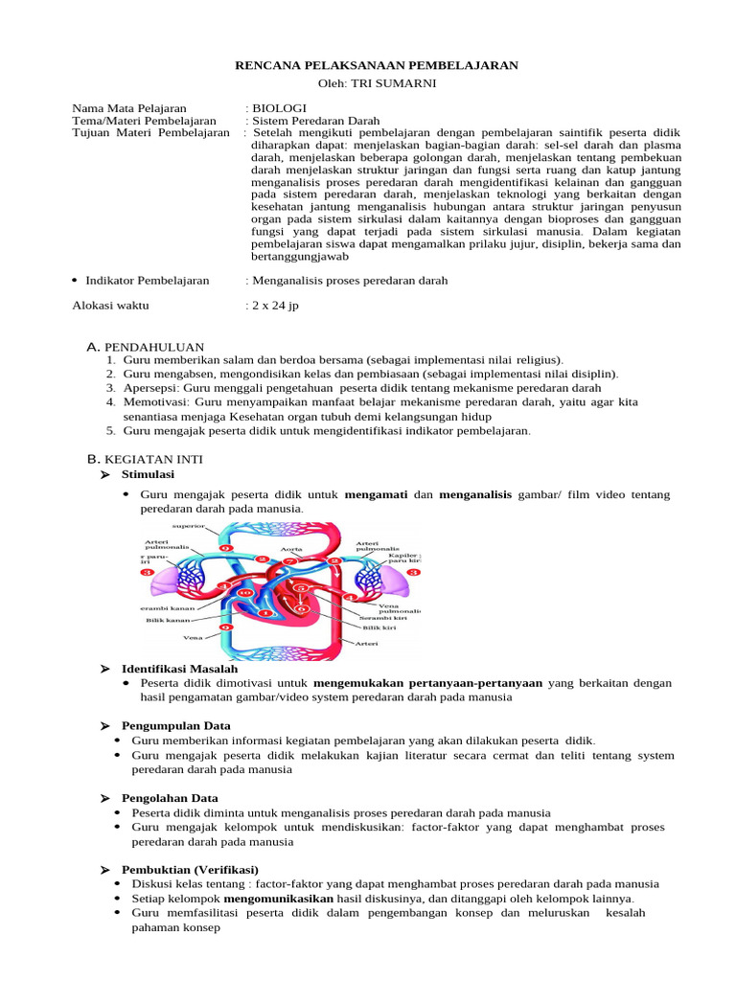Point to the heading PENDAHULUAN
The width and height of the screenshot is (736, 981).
pos(153,346)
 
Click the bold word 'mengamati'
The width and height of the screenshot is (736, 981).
pos(376,494)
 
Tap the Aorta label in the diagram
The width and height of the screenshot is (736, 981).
pos(291,549)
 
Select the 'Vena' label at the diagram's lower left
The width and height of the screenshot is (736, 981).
pos(193,636)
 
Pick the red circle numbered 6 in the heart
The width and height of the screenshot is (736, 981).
pos(302,607)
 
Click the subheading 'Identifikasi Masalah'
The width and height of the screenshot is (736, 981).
pos(172,668)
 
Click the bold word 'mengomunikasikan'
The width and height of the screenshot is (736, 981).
pos(278,899)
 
